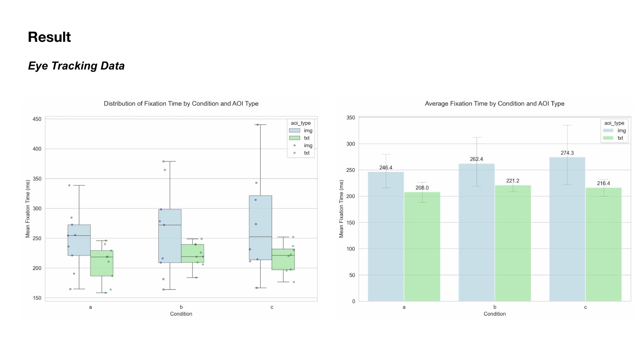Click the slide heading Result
[49, 37]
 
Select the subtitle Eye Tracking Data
[76, 66]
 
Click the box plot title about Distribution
[181, 104]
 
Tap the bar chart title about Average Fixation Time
[495, 104]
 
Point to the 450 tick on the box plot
[37, 119]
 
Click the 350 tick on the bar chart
[351, 118]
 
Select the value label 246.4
[386, 168]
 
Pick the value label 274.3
[567, 153]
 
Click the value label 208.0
[422, 188]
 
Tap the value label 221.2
[513, 181]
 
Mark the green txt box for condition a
[102, 263]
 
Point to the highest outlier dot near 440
[257, 125]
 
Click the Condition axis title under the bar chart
[495, 314]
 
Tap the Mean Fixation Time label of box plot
[28, 209]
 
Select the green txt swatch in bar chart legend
[608, 138]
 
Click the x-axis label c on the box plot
[272, 307]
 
